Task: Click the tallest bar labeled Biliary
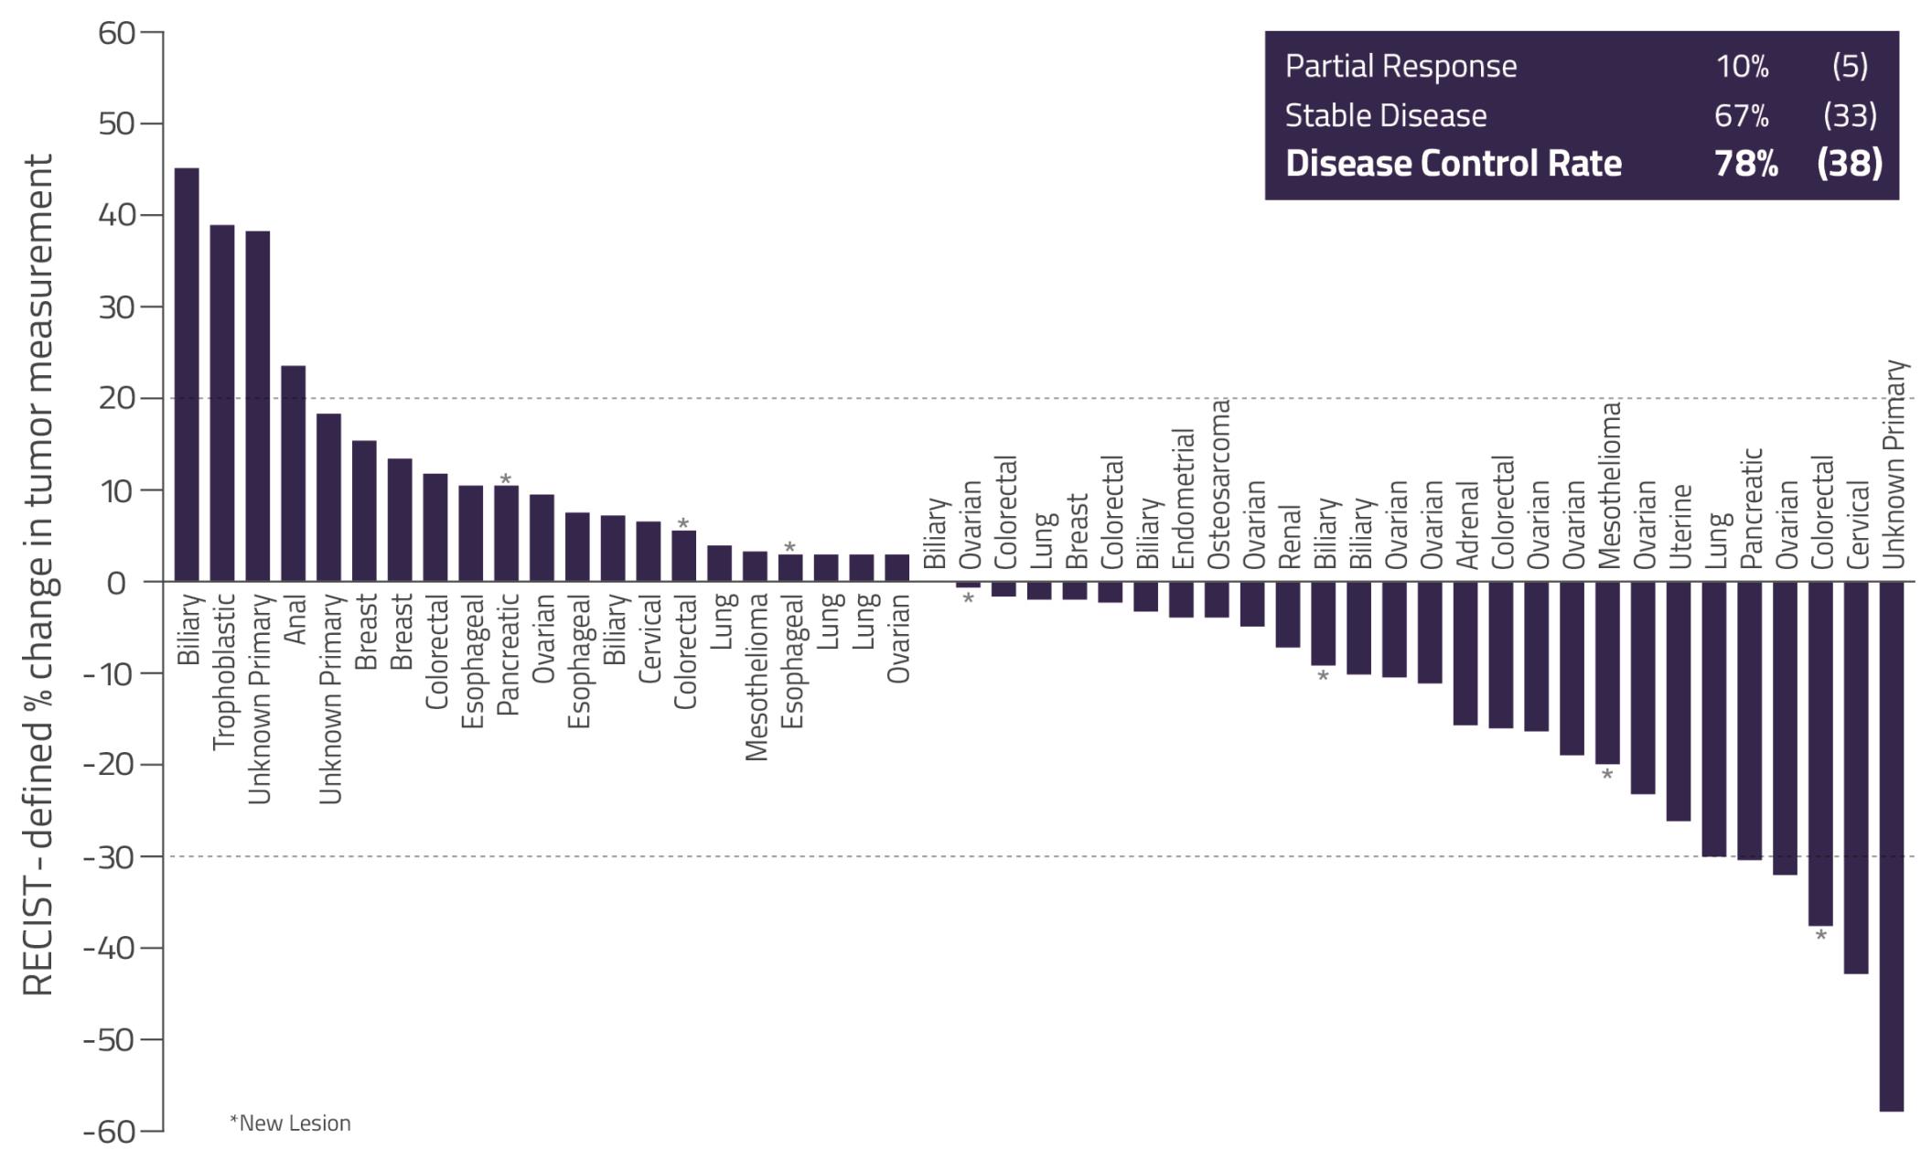pyautogui.click(x=187, y=375)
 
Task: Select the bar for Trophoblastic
pyautogui.click(x=222, y=403)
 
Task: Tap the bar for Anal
pyautogui.click(x=293, y=474)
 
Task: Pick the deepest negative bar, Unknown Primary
pyautogui.click(x=1892, y=846)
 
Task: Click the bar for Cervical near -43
pyautogui.click(x=1856, y=778)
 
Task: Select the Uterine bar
pyautogui.click(x=1679, y=701)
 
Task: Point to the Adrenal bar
pyautogui.click(x=1465, y=653)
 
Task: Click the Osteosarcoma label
pyautogui.click(x=1218, y=484)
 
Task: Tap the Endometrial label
pyautogui.click(x=1182, y=499)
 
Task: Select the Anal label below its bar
pyautogui.click(x=295, y=619)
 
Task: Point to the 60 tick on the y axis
pyautogui.click(x=116, y=34)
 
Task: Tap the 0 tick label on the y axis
pyautogui.click(x=116, y=583)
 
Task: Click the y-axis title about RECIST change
pyautogui.click(x=38, y=575)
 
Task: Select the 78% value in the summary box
pyautogui.click(x=1745, y=164)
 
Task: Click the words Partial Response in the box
pyautogui.click(x=1401, y=66)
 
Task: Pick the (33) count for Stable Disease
pyautogui.click(x=1850, y=115)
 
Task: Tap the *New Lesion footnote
pyautogui.click(x=290, y=1123)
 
